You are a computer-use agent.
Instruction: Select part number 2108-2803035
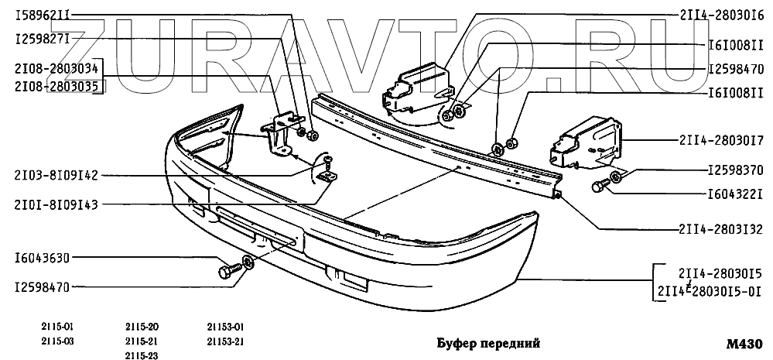click(x=56, y=87)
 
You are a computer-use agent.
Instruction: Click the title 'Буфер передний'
click(x=484, y=342)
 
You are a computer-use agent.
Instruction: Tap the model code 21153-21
click(x=225, y=341)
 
